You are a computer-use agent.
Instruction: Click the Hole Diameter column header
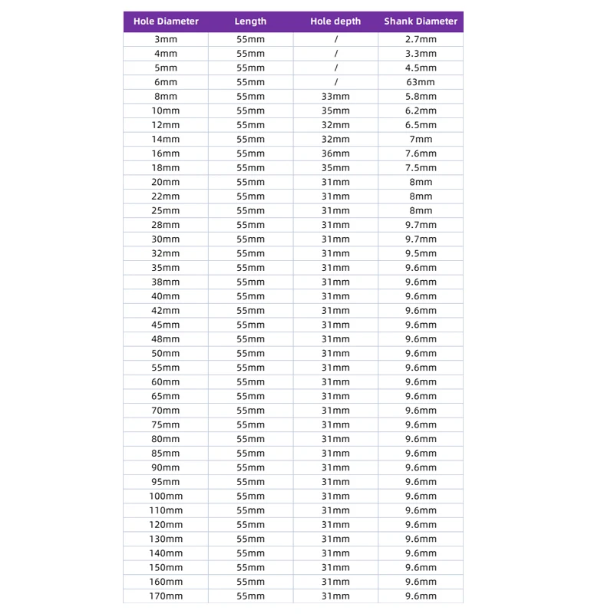click(166, 21)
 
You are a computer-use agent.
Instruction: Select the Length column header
click(250, 21)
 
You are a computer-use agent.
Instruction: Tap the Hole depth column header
click(335, 21)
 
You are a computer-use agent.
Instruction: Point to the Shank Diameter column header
click(421, 21)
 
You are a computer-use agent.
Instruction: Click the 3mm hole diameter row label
click(166, 39)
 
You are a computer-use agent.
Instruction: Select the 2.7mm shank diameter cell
click(421, 39)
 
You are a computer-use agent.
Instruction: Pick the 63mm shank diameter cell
click(421, 82)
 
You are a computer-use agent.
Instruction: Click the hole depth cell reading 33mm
click(335, 97)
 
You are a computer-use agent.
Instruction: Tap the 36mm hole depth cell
click(335, 153)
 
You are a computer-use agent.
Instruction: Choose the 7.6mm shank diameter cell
click(421, 153)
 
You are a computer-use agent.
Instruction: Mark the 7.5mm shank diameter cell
click(421, 168)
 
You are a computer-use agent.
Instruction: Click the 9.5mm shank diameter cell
click(421, 253)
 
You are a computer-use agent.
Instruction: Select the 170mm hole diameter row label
click(166, 596)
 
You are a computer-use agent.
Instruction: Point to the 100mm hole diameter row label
click(166, 497)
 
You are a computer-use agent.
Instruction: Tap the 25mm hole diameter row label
click(166, 210)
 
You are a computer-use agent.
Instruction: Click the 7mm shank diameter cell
click(421, 140)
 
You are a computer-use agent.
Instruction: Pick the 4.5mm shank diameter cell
click(421, 68)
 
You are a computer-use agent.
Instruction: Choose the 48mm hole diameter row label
click(166, 339)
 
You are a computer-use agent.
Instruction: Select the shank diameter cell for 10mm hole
click(421, 111)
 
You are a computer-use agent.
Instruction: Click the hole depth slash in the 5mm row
click(335, 68)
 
